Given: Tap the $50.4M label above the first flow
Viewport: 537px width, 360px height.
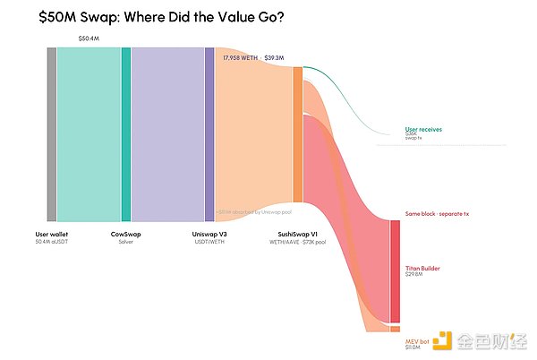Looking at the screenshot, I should (89, 39).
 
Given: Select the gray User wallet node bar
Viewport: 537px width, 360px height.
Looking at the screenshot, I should (52, 134).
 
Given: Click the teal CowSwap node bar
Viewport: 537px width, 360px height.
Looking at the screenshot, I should (126, 134).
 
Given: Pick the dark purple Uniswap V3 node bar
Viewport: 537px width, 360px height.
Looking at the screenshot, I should (209, 134).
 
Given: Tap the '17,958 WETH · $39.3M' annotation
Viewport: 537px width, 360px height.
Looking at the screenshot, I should (253, 57).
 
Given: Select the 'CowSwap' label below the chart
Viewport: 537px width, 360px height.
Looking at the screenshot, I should (125, 234).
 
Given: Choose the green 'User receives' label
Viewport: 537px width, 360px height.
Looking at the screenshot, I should (424, 129).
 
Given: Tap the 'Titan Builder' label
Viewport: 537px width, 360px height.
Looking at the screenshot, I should (422, 268).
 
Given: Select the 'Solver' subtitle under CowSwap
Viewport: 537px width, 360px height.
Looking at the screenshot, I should (125, 242).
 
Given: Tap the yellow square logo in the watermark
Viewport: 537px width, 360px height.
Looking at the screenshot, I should (440, 340).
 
